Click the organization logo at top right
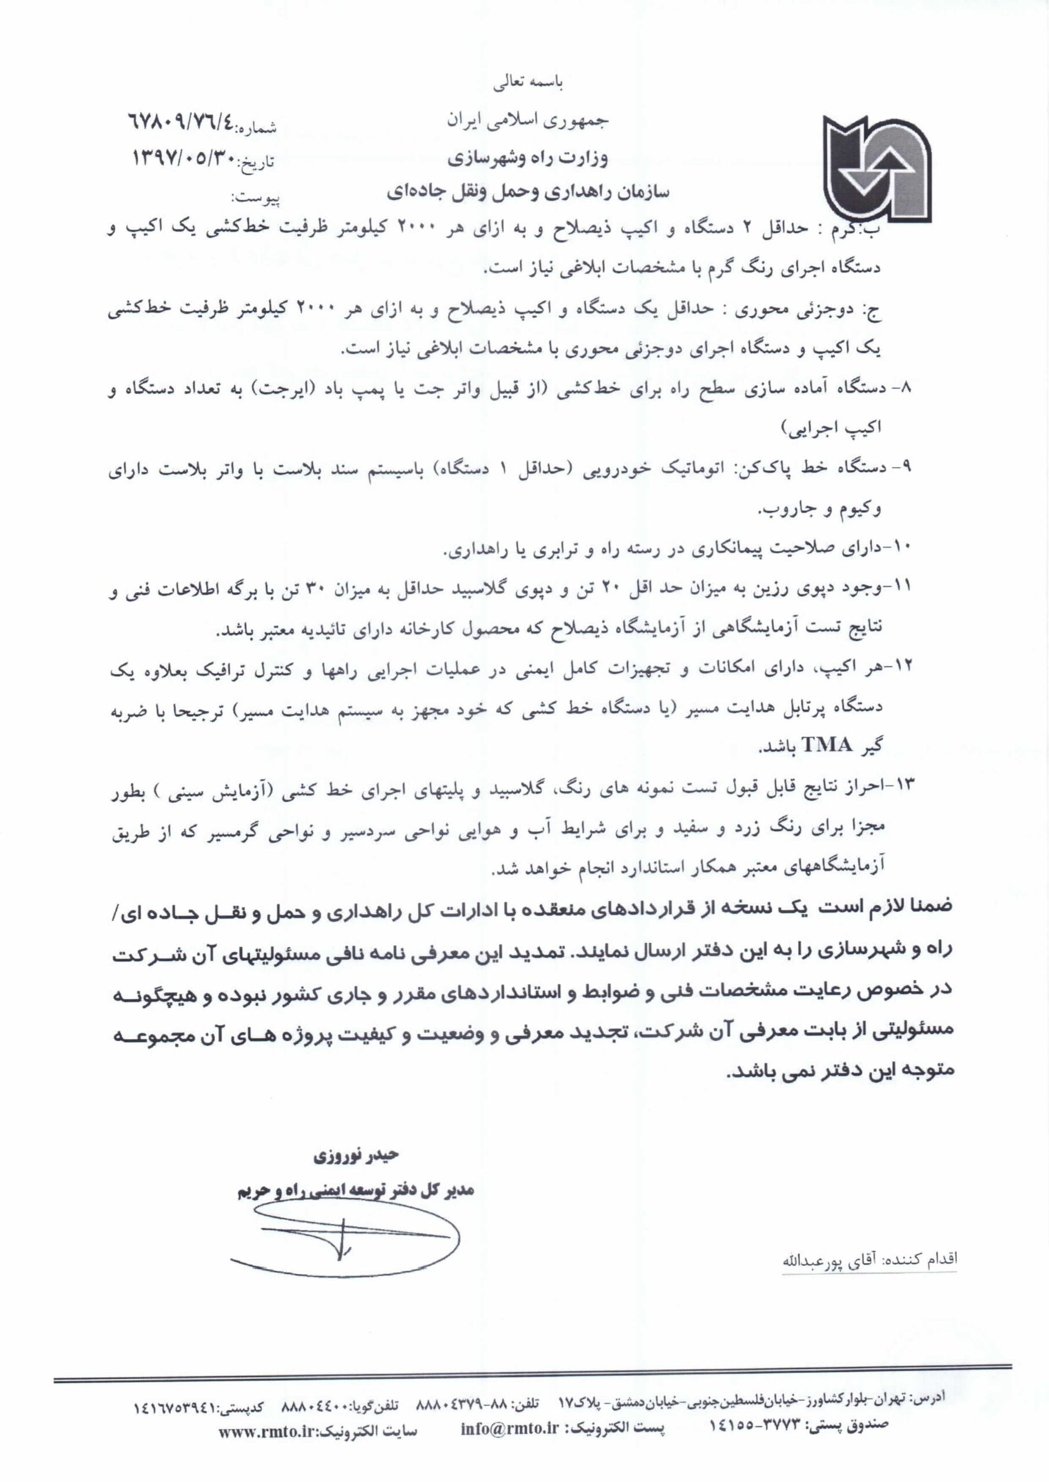(876, 166)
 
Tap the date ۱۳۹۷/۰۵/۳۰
(184, 157)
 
